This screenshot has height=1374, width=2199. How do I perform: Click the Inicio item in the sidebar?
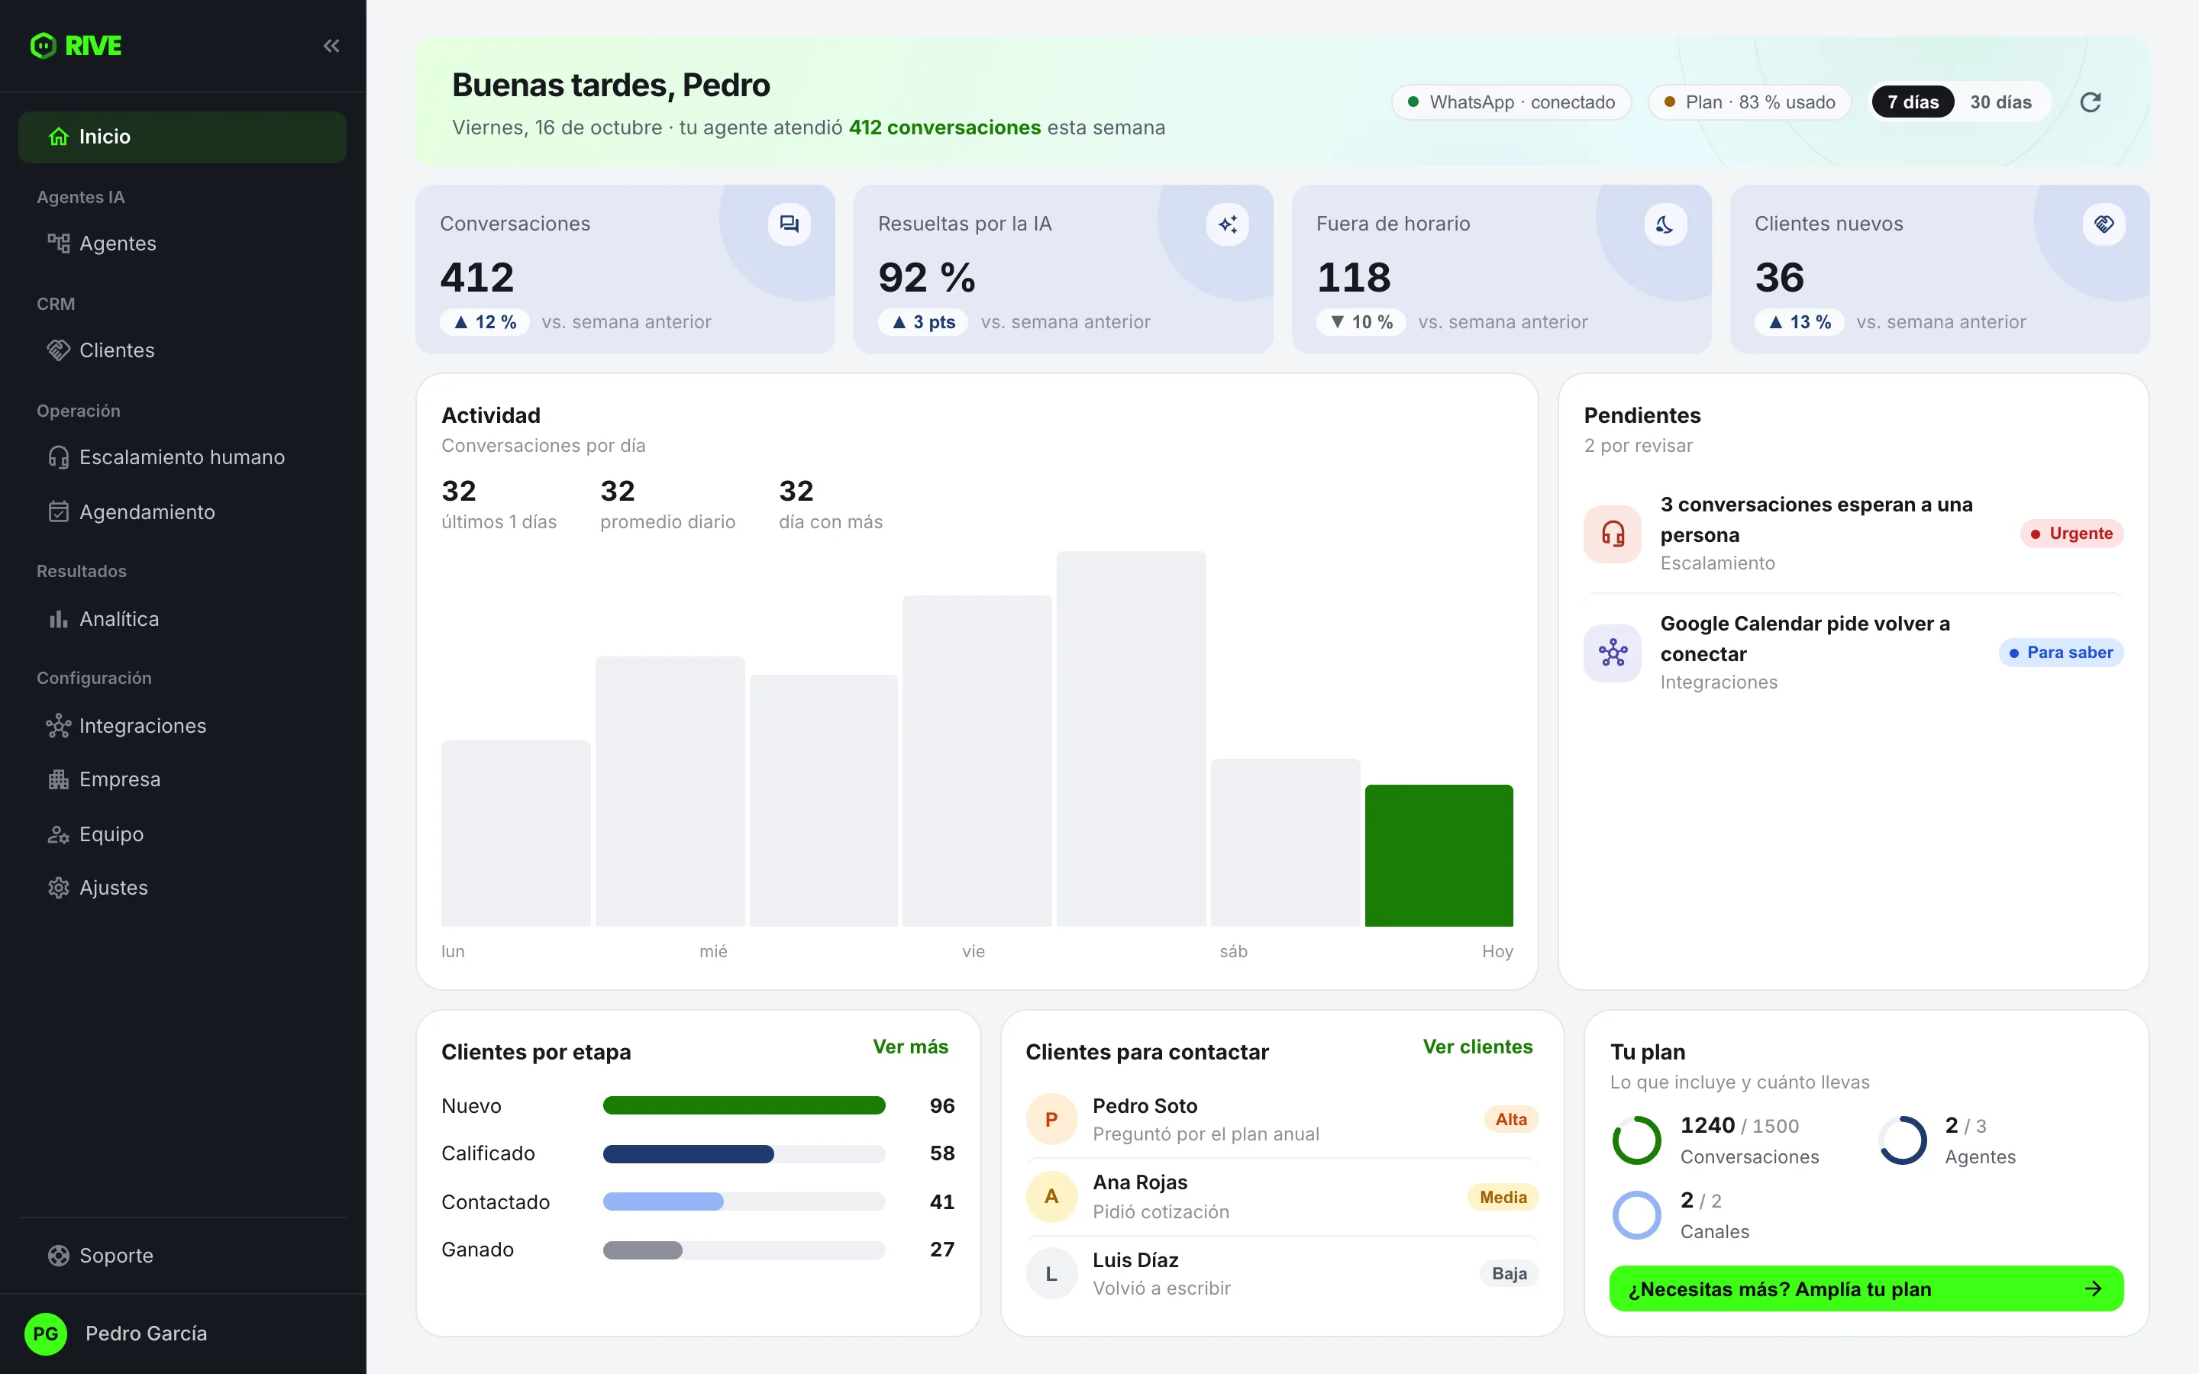pos(182,137)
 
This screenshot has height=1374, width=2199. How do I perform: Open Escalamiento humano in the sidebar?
pos(182,457)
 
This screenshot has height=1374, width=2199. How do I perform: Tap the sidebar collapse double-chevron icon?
pos(331,46)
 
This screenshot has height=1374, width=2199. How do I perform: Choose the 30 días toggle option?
pos(2000,102)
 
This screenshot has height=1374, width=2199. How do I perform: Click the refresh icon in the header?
pos(2090,102)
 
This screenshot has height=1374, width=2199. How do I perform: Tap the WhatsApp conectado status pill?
pos(1511,102)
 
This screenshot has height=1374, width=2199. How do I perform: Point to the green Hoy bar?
pos(1439,855)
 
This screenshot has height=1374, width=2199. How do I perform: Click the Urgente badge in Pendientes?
pos(2071,534)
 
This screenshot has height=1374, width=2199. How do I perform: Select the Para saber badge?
pos(2061,653)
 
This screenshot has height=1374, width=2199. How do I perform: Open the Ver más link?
pos(910,1047)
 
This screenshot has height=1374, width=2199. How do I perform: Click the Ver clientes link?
pos(1477,1047)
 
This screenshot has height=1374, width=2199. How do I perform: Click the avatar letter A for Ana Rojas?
pos(1051,1197)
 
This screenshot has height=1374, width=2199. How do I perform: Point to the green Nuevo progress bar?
pos(744,1106)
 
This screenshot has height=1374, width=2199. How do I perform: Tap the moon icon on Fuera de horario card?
pos(1665,224)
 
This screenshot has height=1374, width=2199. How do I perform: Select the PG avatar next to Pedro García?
pos(46,1333)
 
